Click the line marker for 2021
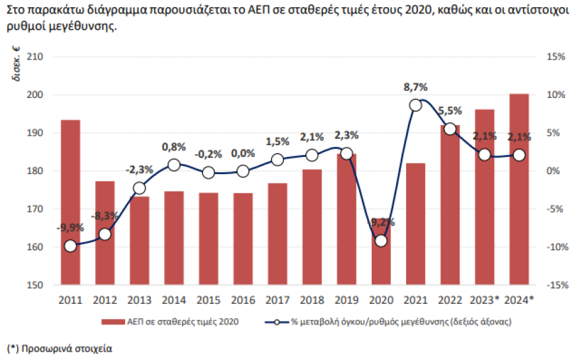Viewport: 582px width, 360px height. tap(415, 105)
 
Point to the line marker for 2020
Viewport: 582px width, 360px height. tap(381, 241)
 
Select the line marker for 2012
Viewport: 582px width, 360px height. tap(104, 234)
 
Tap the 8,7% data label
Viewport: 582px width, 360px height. tap(416, 87)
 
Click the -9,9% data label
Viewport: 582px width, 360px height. tap(69, 228)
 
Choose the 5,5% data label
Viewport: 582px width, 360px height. tap(450, 111)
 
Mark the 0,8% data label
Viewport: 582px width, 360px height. tap(174, 147)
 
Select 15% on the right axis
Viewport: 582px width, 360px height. tap(557, 57)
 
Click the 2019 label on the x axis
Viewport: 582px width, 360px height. tap(347, 300)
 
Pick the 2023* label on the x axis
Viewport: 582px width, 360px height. tap(485, 300)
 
